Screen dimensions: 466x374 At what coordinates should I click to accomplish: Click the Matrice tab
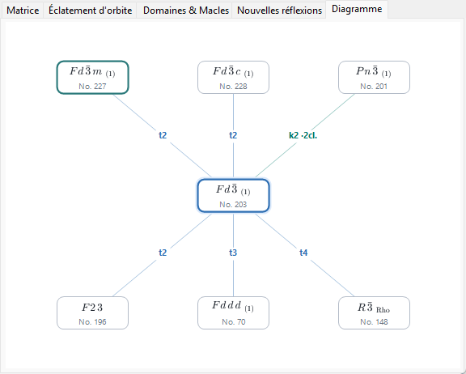(x=23, y=11)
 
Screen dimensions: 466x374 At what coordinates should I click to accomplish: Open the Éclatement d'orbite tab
(x=90, y=11)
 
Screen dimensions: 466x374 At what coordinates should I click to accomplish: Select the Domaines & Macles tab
(x=186, y=11)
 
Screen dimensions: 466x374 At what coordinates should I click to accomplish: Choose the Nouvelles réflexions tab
(x=279, y=11)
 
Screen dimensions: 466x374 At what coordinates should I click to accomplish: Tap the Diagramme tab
(x=357, y=9)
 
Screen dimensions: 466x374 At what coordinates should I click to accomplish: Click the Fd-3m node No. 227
(x=92, y=77)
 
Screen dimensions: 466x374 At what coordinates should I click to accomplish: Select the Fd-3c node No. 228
(x=233, y=77)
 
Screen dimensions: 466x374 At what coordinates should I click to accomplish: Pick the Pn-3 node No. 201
(x=374, y=77)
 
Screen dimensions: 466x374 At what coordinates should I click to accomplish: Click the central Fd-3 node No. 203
(x=233, y=196)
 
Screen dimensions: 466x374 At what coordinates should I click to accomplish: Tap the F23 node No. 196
(x=92, y=312)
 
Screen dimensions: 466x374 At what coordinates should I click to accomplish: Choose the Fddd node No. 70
(x=233, y=312)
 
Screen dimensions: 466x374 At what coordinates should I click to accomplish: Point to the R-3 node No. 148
(x=374, y=312)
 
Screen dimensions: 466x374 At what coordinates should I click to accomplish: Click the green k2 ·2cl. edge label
(x=303, y=135)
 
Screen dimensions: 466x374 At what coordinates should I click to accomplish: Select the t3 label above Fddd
(x=233, y=253)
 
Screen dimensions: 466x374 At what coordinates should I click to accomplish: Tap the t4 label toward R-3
(x=303, y=253)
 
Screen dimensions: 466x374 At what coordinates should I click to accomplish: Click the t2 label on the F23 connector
(x=163, y=253)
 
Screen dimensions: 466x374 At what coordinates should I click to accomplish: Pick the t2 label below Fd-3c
(x=233, y=135)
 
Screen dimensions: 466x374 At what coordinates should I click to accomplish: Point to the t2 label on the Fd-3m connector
(x=163, y=135)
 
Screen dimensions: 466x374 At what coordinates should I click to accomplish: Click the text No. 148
(x=374, y=321)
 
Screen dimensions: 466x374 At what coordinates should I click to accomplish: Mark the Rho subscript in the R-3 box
(x=383, y=310)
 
